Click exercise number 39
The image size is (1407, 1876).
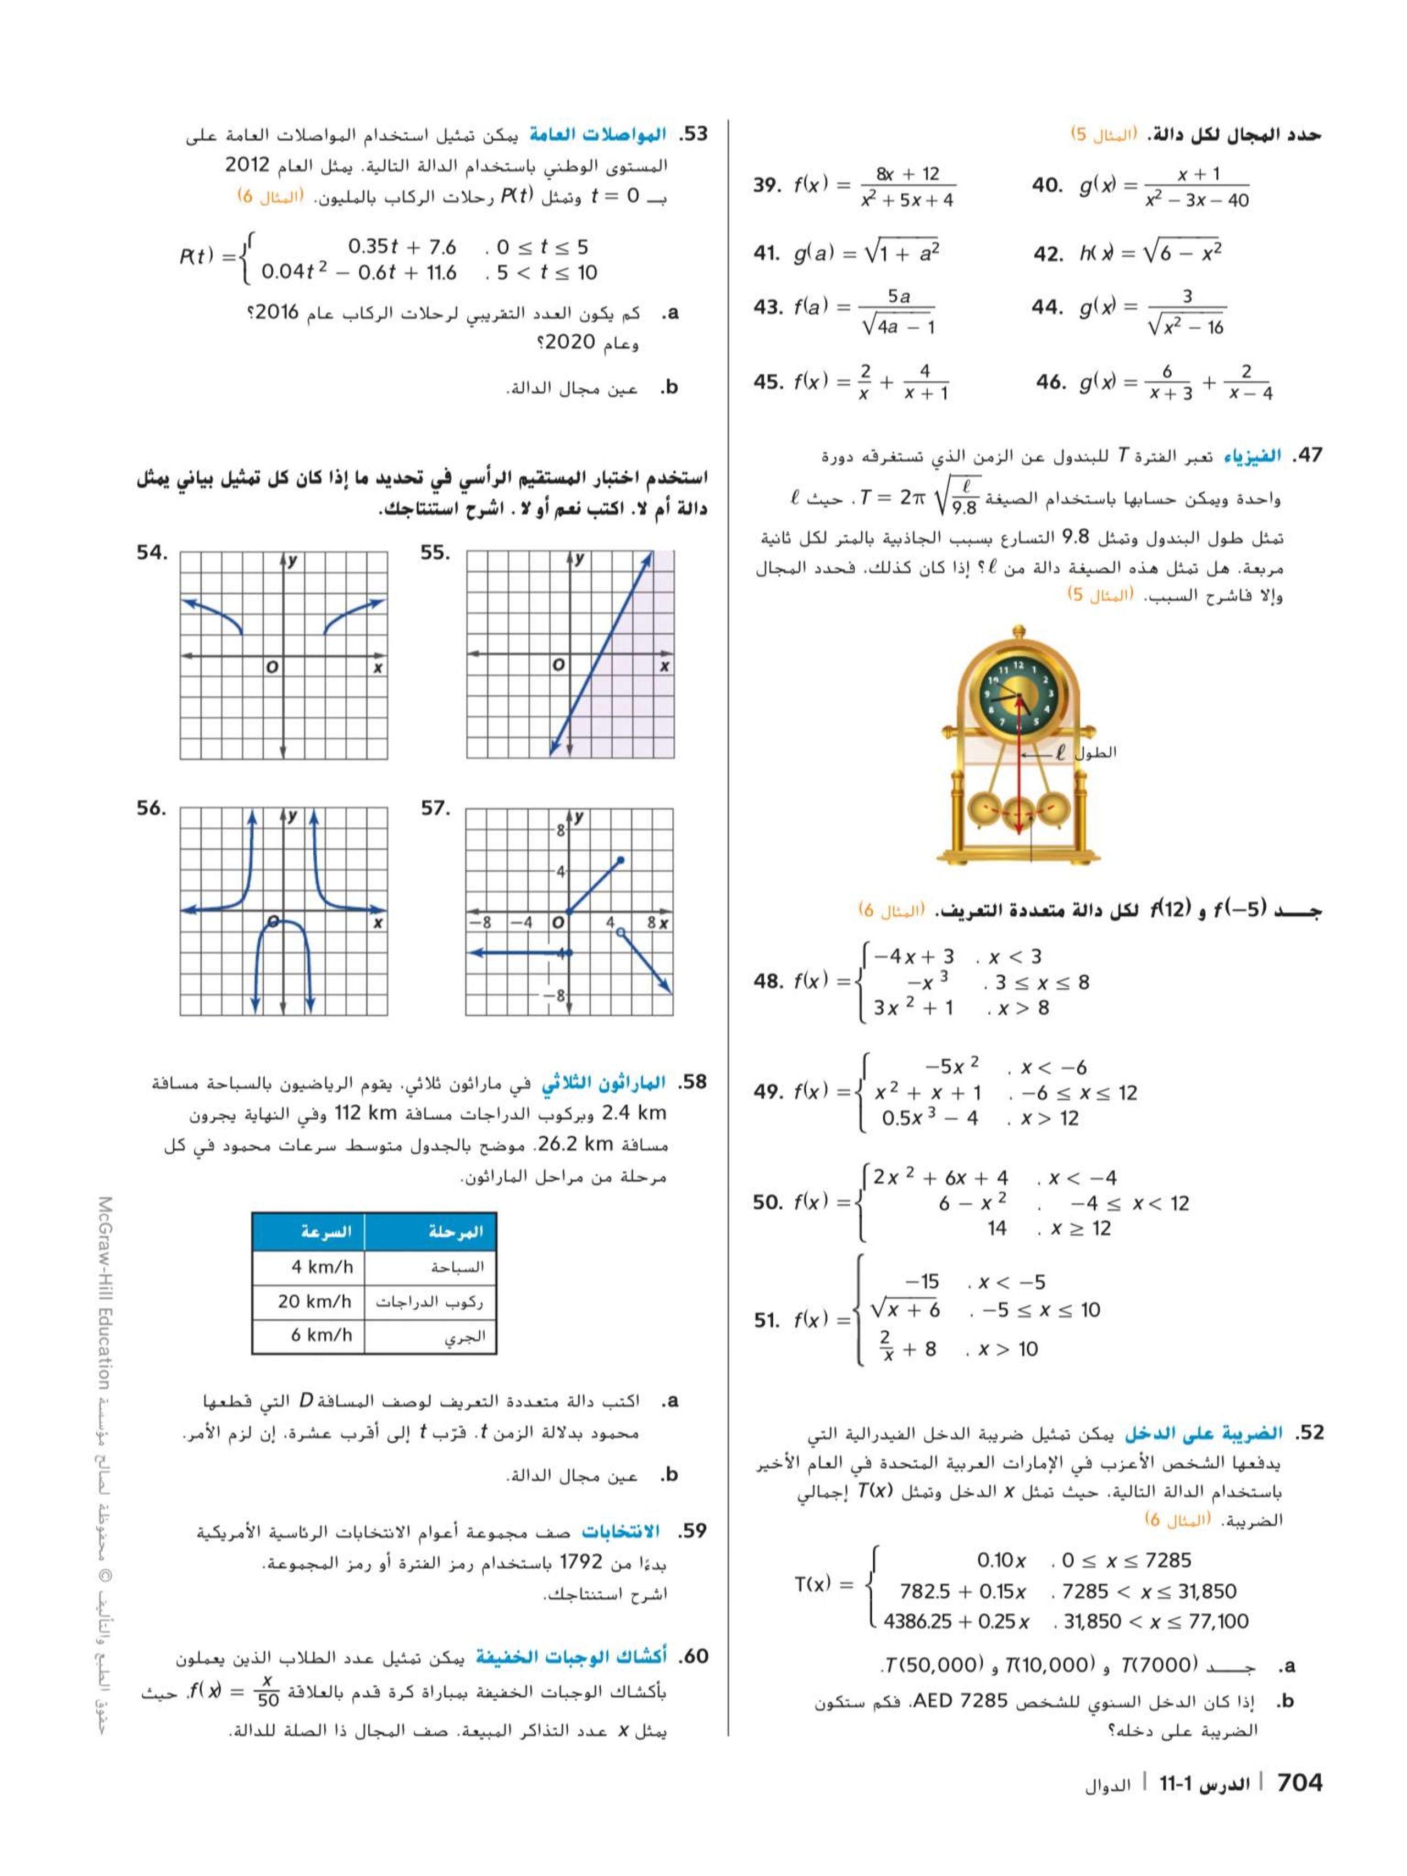point(767,185)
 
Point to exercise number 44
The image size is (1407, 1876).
point(1048,306)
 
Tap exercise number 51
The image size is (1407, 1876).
point(767,1320)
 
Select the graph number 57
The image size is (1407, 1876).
point(436,808)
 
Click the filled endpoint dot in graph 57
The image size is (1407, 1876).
point(621,861)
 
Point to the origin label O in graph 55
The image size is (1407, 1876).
point(558,666)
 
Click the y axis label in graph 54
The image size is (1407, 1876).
point(292,561)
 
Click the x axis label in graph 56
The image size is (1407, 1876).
point(378,923)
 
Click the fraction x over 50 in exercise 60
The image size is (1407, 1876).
point(268,1691)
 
